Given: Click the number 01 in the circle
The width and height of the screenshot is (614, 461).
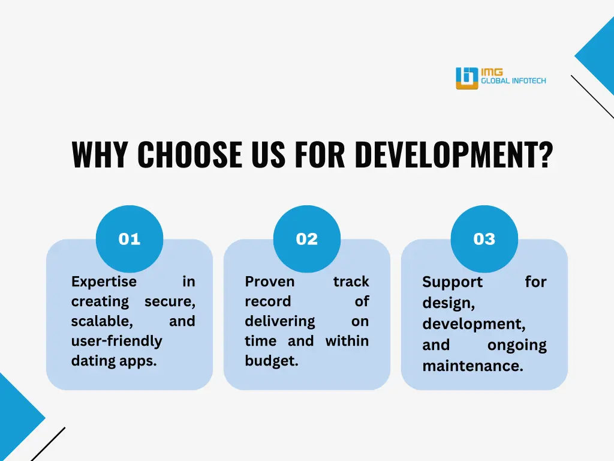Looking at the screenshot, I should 129,239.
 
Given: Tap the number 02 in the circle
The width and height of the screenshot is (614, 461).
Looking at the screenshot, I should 306,239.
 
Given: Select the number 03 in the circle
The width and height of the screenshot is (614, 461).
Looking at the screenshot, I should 484,239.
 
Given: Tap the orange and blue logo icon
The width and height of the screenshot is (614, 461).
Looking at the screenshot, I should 466,78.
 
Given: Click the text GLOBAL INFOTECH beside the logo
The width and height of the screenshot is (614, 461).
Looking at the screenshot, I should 513,81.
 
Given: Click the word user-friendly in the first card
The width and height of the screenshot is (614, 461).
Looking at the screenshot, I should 116,341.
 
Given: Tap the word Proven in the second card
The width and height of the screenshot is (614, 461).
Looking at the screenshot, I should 269,282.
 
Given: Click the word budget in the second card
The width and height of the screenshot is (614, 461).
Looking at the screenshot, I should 270,361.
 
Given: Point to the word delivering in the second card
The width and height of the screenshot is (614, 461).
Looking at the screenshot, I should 279,321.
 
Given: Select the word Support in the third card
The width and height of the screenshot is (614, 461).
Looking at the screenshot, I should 452,282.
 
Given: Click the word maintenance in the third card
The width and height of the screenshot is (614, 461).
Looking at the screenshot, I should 472,366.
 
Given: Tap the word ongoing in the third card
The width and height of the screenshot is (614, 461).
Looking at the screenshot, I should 517,345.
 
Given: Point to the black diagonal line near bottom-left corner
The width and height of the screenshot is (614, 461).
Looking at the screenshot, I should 48,444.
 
